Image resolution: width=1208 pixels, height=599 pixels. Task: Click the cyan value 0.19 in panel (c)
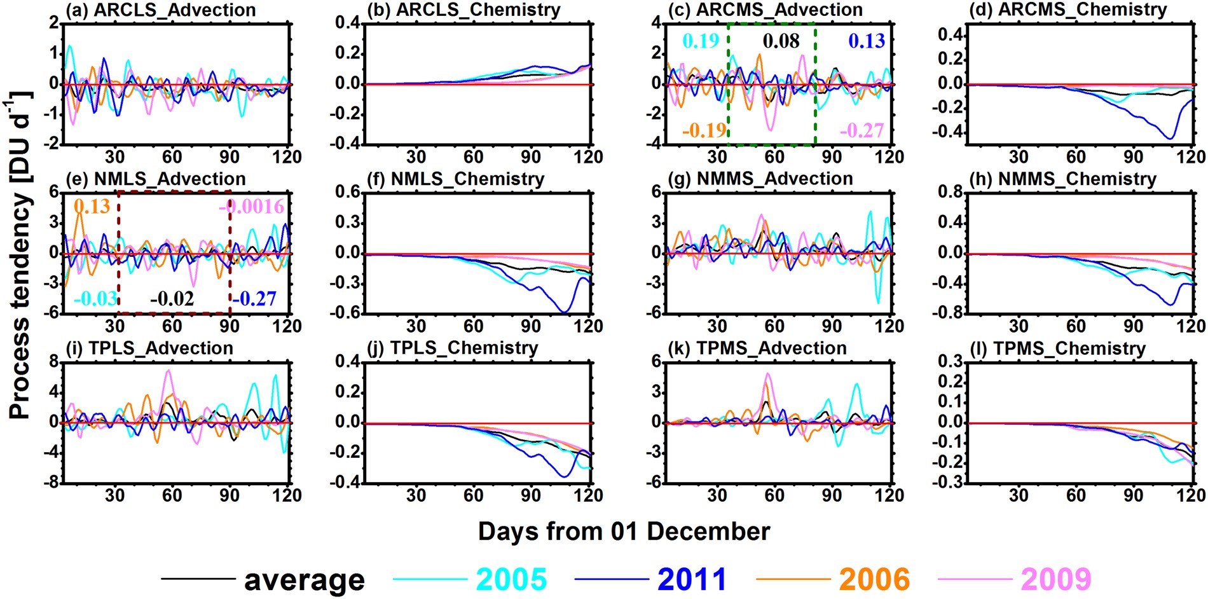pos(701,41)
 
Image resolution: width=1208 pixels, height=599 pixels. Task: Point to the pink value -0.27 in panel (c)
pos(861,130)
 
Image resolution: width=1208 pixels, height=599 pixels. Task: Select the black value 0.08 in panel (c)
pos(781,41)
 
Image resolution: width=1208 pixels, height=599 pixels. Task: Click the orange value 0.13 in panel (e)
pos(92,207)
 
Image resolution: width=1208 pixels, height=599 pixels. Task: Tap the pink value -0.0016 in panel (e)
pos(252,207)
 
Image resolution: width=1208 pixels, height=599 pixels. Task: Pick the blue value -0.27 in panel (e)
pos(254,298)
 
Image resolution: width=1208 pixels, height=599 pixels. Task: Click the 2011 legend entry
pos(692,579)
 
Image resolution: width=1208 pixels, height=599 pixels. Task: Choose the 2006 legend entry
pos(874,579)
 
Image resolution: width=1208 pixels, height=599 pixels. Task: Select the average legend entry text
pos(305,579)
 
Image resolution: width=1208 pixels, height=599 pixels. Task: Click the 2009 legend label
pos(1055,579)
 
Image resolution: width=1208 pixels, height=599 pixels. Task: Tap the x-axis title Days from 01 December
pos(624,532)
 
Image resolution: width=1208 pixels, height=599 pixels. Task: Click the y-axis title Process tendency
pos(20,254)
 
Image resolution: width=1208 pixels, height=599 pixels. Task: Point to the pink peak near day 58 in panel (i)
pos(168,371)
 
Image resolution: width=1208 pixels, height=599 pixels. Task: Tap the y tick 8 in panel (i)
pos(54,362)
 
